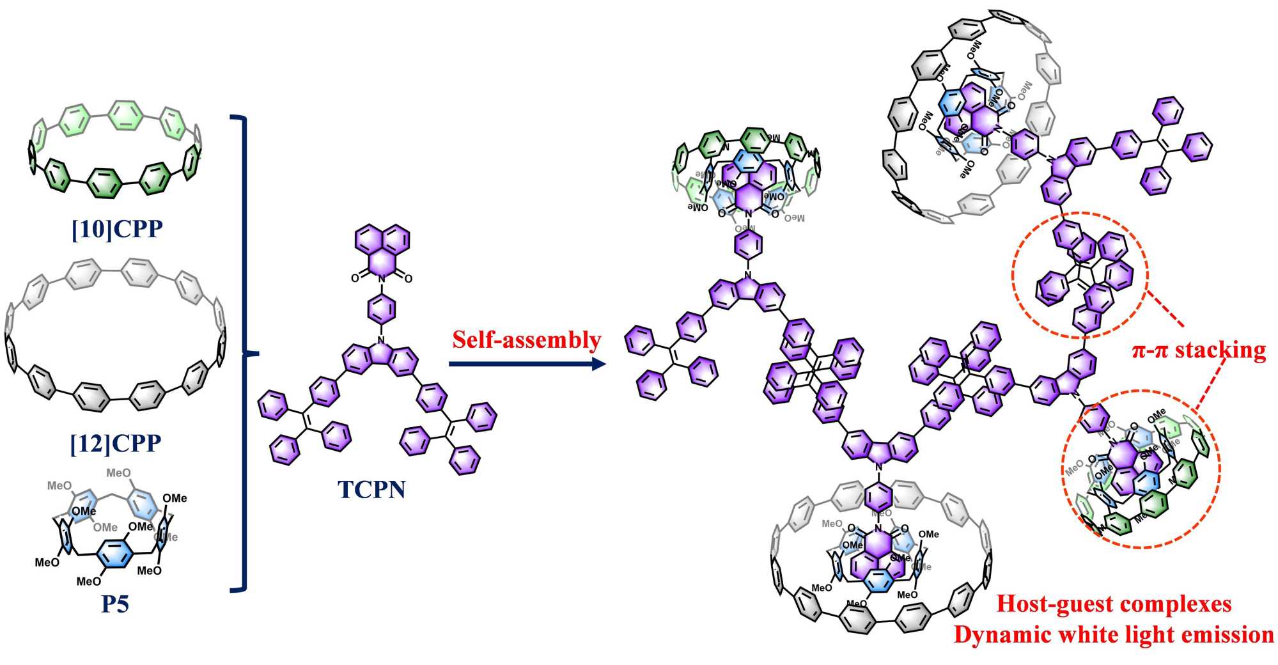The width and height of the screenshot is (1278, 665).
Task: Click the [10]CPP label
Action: (117, 229)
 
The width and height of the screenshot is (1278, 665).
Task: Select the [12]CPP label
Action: (116, 442)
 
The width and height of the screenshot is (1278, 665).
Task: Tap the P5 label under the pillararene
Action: (115, 603)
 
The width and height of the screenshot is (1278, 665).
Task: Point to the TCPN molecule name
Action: (371, 489)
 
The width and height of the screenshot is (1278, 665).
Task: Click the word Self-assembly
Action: (527, 340)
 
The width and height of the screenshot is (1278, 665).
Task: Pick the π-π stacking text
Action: (1199, 350)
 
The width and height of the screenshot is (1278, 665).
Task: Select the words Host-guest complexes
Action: (1114, 603)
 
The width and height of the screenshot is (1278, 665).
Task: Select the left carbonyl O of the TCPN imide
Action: (355, 278)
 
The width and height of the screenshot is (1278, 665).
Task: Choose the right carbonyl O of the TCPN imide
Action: (408, 278)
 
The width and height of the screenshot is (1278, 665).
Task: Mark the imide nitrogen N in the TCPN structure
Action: (381, 279)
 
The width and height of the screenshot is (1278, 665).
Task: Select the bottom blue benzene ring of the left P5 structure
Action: (115, 553)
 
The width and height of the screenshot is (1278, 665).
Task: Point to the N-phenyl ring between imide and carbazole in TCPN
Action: (381, 309)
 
